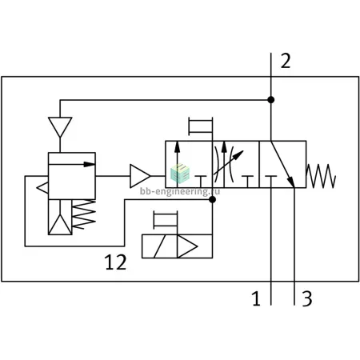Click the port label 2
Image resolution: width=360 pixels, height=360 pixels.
pos(286,61)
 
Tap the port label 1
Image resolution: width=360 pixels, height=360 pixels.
pos(256,298)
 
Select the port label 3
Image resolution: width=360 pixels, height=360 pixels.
pos(307,298)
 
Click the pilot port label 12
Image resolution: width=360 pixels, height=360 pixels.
pos(115,262)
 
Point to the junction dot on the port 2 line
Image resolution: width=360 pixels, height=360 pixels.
pos(271,100)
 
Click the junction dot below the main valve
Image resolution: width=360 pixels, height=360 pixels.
pos(212,199)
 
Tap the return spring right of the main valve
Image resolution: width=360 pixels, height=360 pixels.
pos(321,176)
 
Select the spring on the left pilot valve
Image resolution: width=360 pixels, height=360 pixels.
pos(84,214)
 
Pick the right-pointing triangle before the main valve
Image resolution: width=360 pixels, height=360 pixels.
pos(140,176)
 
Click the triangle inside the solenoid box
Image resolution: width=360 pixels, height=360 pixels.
pos(187,246)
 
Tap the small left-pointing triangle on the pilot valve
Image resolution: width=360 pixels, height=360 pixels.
pos(43,188)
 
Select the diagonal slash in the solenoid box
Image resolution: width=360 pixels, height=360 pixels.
pos(160,246)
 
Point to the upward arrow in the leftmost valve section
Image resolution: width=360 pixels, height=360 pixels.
pos(178,163)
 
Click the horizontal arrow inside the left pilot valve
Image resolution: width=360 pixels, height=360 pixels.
pos(72,164)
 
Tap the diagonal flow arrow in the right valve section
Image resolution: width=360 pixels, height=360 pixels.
pos(282,164)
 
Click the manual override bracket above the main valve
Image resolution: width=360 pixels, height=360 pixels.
pos(201,126)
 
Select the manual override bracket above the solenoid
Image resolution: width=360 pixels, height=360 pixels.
pos(166,220)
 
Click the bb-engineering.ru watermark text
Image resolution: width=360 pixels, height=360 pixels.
pos(180,192)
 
